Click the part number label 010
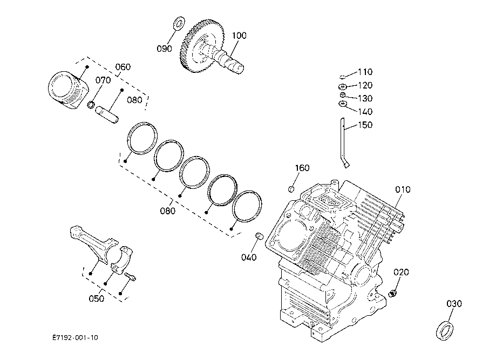point(403,189)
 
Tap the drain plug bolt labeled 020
point(392,293)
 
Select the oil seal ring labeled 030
point(444,330)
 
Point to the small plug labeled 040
point(260,235)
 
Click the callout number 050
point(97,298)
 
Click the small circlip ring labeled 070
point(91,104)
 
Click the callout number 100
point(239,36)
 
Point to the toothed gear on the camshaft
point(202,46)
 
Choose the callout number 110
point(365,72)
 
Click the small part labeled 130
point(342,95)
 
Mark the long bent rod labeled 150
point(344,143)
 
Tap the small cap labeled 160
point(291,189)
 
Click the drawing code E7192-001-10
point(75,338)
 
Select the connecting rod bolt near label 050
point(130,276)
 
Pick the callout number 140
point(365,112)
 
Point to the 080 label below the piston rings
point(168,210)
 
